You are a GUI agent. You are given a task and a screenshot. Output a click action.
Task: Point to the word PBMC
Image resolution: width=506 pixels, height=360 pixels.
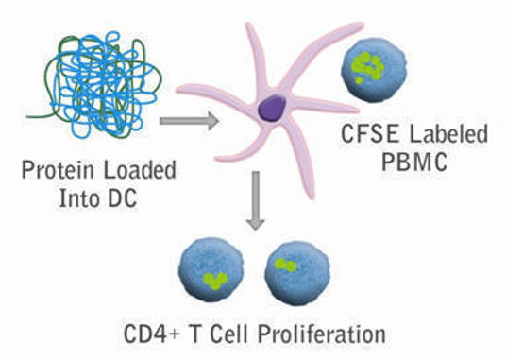417,160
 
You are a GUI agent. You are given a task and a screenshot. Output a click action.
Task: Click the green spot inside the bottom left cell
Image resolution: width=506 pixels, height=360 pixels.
216,279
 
